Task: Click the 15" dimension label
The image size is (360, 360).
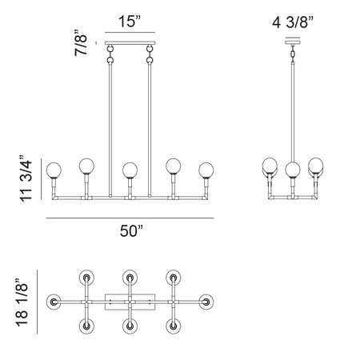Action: pyautogui.click(x=130, y=21)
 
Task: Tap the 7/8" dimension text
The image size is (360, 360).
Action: pyautogui.click(x=81, y=42)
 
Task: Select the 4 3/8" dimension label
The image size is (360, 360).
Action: pyautogui.click(x=293, y=22)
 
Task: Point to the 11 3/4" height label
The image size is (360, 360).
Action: pyautogui.click(x=26, y=178)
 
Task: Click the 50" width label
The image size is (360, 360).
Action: pyautogui.click(x=131, y=230)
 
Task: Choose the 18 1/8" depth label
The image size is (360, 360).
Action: pyautogui.click(x=22, y=302)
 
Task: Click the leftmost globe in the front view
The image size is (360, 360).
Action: pyautogui.click(x=54, y=170)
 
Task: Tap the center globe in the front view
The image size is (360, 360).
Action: pyautogui.click(x=130, y=170)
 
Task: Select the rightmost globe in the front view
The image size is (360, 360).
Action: pyautogui.click(x=206, y=170)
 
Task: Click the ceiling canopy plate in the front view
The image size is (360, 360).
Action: pyautogui.click(x=130, y=42)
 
